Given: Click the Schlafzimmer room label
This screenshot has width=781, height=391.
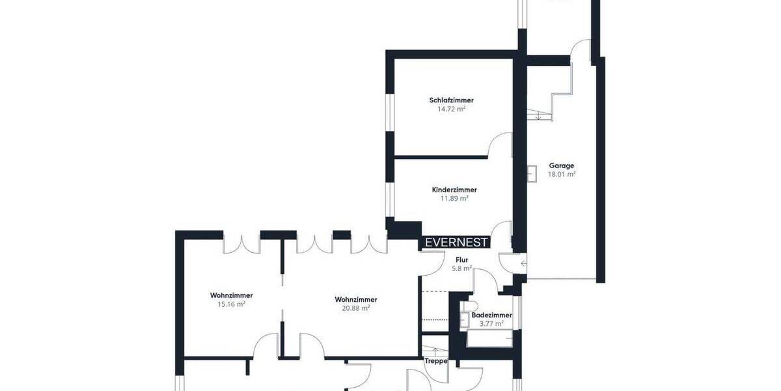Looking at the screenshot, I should tap(451, 100).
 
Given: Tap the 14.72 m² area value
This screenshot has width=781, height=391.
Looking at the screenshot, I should tap(451, 109).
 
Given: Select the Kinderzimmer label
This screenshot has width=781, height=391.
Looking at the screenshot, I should tap(450, 190).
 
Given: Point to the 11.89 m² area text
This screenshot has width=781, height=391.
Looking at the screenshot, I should tap(450, 199).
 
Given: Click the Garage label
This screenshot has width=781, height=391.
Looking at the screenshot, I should tap(561, 166).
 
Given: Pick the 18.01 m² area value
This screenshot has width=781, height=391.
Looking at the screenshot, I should tap(561, 175).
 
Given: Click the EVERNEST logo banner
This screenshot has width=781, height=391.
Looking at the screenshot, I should tap(456, 242).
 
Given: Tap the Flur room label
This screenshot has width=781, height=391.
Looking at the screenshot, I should tap(461, 260).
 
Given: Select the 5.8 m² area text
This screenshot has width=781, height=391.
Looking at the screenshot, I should tap(461, 268).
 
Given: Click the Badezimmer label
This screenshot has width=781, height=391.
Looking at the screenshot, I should tap(491, 315).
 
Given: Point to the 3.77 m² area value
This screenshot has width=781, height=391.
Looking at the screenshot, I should tap(491, 324).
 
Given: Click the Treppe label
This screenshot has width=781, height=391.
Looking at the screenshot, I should tap(435, 361).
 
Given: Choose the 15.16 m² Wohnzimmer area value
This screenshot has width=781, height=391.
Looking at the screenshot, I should tap(231, 304).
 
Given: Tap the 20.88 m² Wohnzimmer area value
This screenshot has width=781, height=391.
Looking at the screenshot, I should tap(355, 309).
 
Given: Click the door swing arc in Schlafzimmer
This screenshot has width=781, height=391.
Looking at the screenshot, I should tap(500, 143).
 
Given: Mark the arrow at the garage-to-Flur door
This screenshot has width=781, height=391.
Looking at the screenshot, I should tap(524, 263).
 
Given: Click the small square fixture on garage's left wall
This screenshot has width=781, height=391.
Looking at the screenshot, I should tap(532, 173).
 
